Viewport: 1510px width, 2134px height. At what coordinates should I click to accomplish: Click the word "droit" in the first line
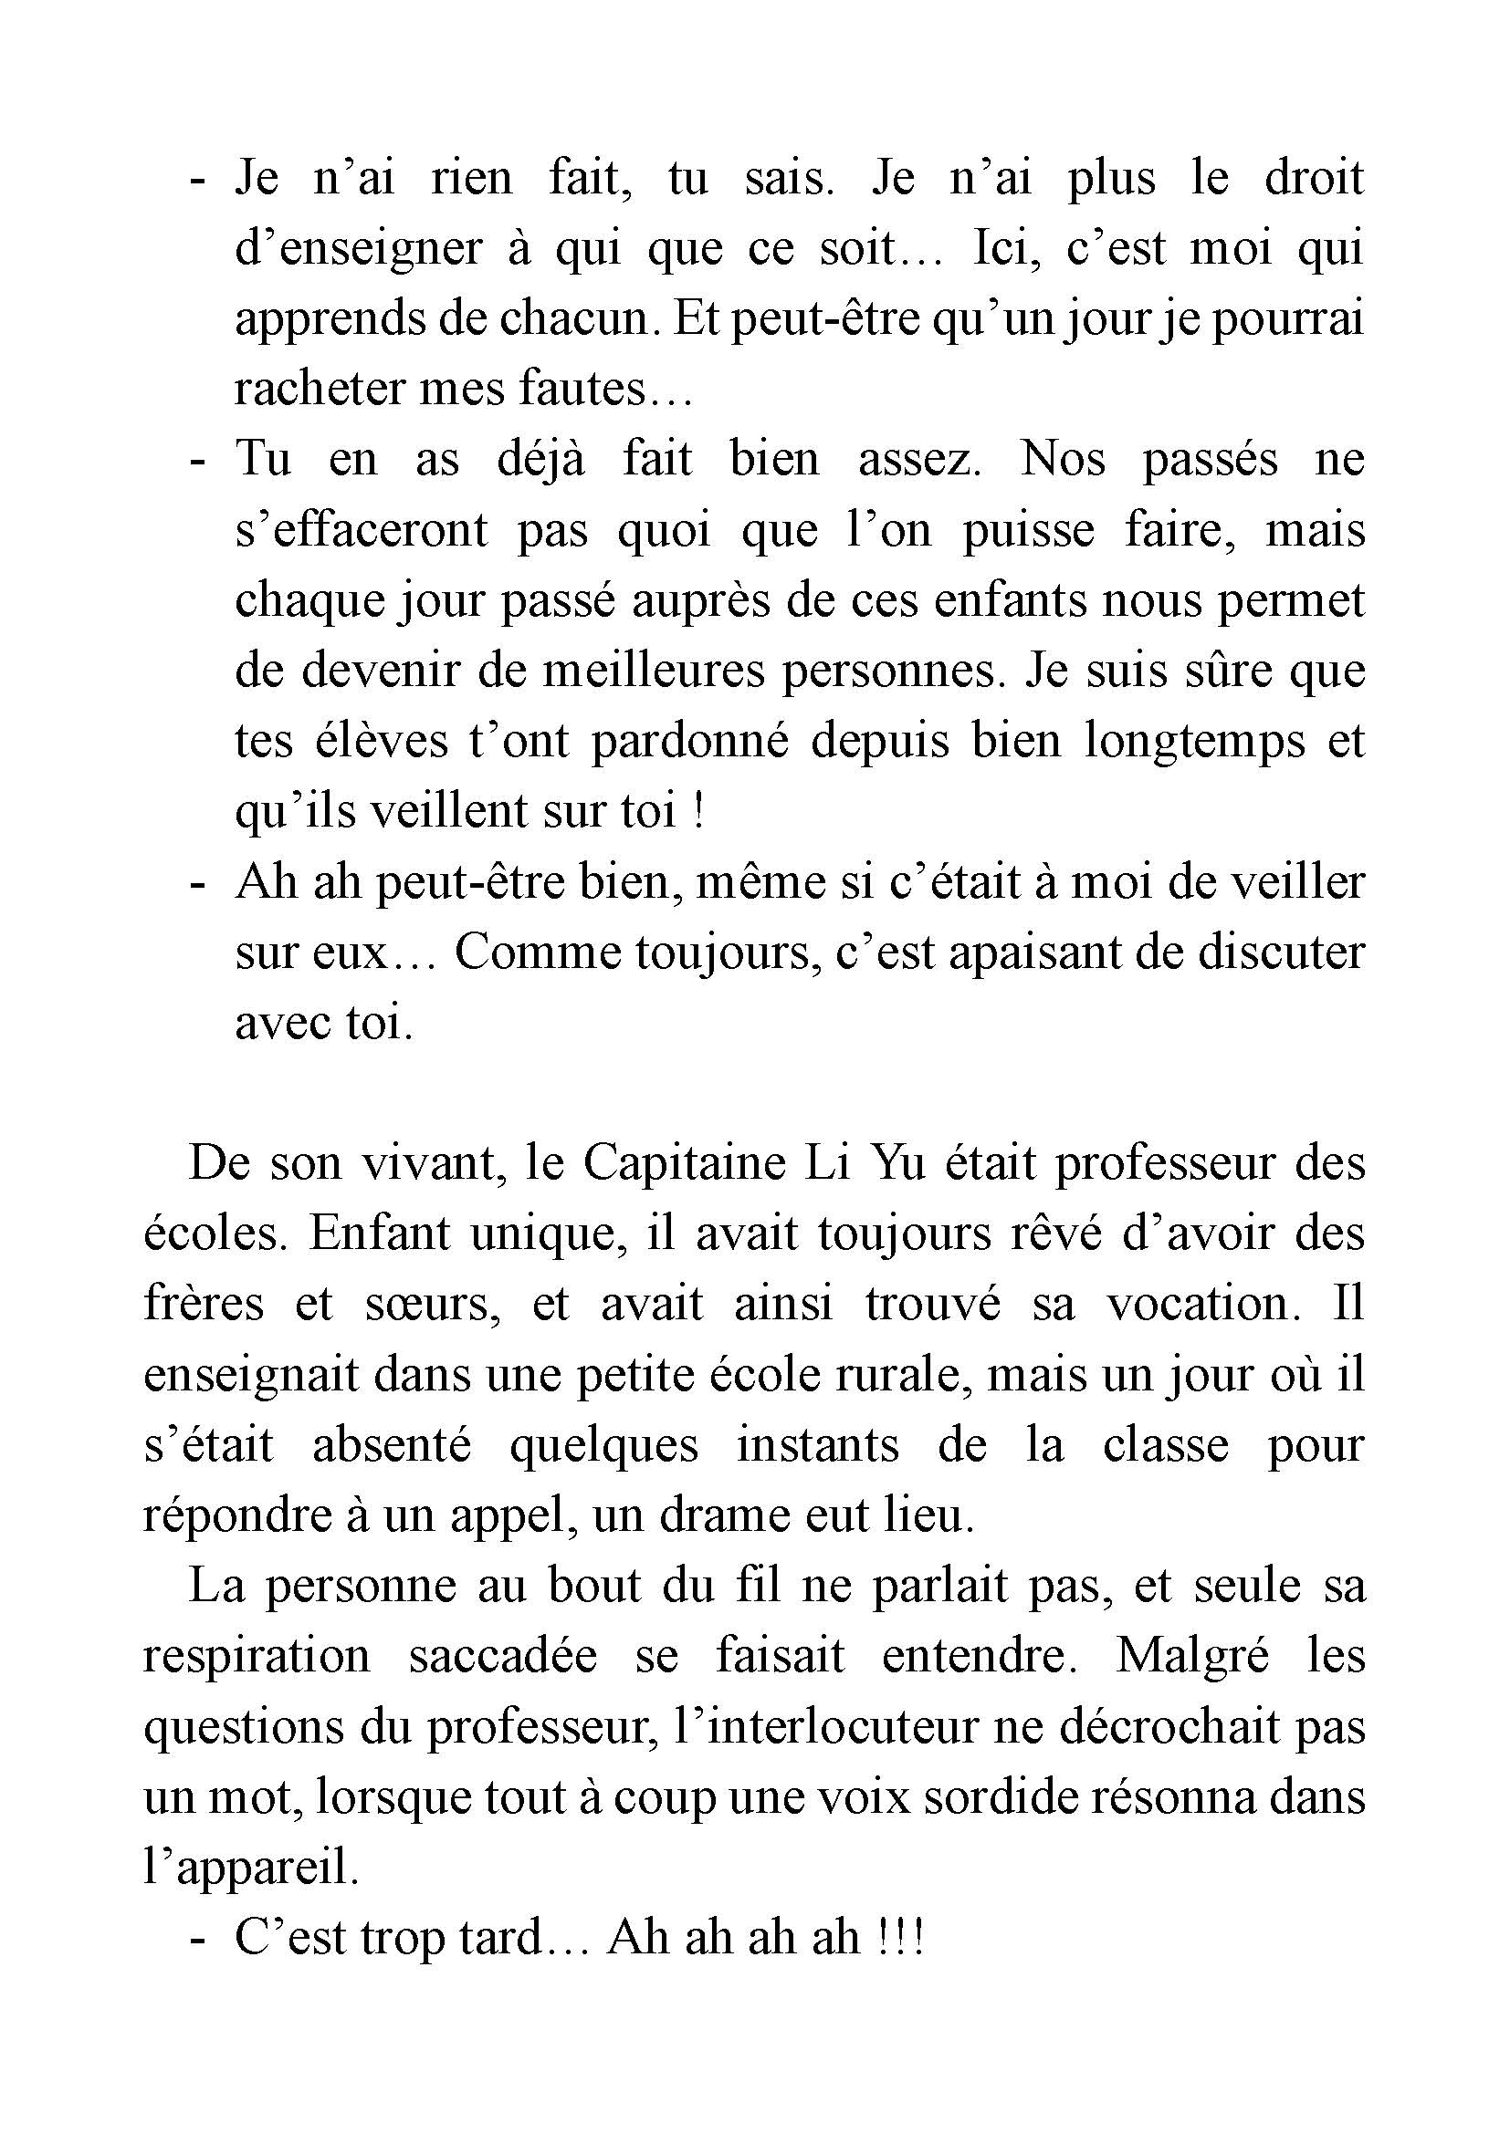point(1313,178)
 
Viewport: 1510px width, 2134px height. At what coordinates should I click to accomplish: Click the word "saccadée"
point(501,1657)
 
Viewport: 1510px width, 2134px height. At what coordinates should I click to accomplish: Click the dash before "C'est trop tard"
point(196,1939)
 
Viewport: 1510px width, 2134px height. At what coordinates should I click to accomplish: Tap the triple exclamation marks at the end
point(899,1939)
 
